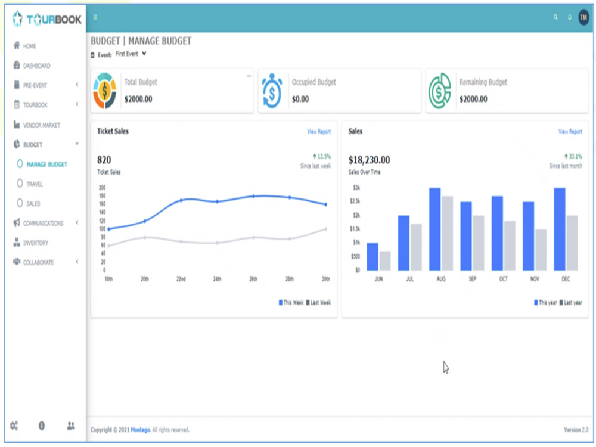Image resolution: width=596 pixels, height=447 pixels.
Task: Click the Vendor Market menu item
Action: click(x=41, y=125)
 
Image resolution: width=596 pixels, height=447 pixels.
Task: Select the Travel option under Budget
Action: click(x=34, y=184)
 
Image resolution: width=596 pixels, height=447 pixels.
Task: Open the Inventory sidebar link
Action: click(x=35, y=243)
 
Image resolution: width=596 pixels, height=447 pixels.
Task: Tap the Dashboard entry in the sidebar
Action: click(x=36, y=66)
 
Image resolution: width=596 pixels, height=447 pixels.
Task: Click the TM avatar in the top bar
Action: click(x=583, y=17)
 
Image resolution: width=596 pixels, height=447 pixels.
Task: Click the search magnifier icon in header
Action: click(x=555, y=17)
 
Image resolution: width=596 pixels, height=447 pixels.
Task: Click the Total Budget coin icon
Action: click(x=105, y=91)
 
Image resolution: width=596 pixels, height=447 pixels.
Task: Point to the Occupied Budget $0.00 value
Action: click(x=300, y=99)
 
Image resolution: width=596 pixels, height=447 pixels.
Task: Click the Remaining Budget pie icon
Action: click(x=440, y=91)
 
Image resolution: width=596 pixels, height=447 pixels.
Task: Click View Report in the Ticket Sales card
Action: click(x=319, y=131)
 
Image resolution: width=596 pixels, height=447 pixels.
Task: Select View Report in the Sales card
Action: click(x=570, y=131)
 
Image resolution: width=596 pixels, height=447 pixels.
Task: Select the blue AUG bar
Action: click(x=434, y=229)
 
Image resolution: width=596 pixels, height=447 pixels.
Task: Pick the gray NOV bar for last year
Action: click(x=541, y=249)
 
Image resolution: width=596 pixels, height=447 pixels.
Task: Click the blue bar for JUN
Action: click(x=372, y=256)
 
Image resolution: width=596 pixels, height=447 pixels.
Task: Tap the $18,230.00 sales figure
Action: click(x=369, y=160)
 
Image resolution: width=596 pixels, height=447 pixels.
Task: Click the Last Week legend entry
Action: click(x=319, y=303)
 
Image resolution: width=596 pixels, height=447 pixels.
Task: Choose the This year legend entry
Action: click(x=545, y=303)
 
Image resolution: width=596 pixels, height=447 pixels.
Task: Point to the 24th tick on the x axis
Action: click(x=217, y=278)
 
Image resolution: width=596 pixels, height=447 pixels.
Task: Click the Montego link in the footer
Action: click(x=139, y=430)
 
